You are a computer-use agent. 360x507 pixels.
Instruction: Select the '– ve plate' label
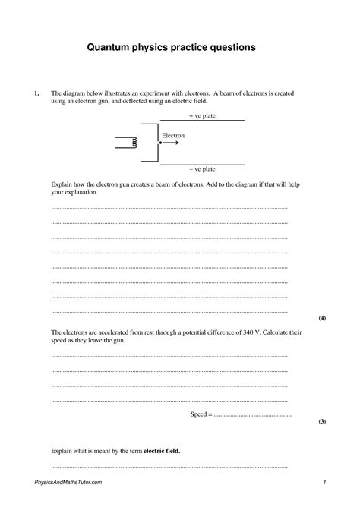(x=201, y=169)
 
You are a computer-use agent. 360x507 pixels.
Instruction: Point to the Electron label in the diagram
(x=173, y=135)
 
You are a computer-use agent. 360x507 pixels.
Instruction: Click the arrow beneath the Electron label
(x=172, y=143)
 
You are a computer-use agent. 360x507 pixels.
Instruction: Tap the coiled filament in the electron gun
(x=134, y=143)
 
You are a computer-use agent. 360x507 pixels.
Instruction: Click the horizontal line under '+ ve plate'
(x=201, y=121)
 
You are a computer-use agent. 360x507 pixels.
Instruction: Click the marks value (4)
(x=322, y=318)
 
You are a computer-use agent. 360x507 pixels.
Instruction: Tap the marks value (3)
(x=322, y=420)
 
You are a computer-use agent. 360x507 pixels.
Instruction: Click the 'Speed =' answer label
(x=201, y=414)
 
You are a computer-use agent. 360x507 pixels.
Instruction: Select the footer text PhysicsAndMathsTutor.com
(x=68, y=483)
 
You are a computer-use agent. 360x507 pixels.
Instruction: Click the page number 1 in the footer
(x=324, y=483)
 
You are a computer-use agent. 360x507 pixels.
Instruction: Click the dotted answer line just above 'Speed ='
(x=169, y=399)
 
